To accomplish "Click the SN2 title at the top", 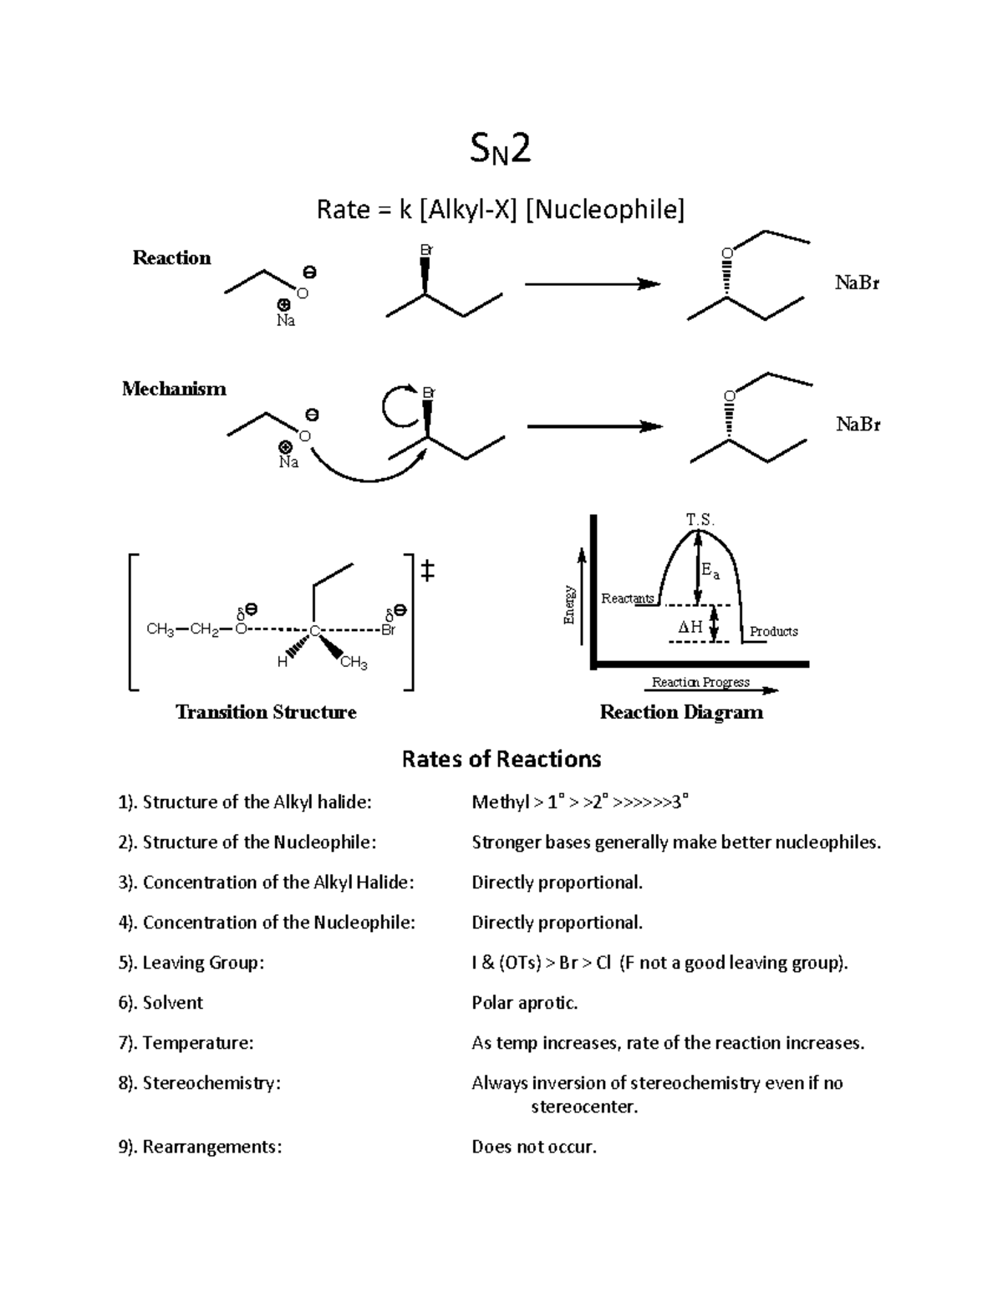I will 501,151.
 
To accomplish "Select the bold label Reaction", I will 171,257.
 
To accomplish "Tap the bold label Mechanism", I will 174,389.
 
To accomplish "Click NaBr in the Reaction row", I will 857,283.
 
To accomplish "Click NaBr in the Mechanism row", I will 858,425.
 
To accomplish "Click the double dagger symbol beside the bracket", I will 427,572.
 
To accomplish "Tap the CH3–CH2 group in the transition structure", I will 182,630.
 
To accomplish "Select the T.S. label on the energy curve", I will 700,520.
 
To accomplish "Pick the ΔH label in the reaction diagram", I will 690,626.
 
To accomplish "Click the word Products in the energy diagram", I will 773,632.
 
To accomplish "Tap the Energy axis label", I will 569,605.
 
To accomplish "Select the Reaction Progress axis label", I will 700,683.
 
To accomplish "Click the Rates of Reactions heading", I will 501,759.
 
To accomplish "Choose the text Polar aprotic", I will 525,1003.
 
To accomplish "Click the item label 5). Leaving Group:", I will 191,963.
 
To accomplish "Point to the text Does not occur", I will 534,1147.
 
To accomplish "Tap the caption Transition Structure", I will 266,712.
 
